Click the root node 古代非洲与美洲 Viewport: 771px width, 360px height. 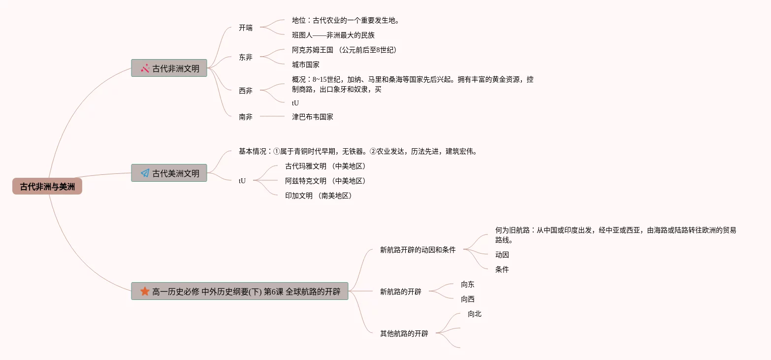click(47, 187)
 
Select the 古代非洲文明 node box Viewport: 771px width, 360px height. click(169, 68)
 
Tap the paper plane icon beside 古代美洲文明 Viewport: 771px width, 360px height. click(145, 173)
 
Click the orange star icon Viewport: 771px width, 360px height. click(145, 291)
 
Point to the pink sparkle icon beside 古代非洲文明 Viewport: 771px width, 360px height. click(145, 68)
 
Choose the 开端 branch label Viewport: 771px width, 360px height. click(246, 28)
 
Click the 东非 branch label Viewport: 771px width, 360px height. click(246, 57)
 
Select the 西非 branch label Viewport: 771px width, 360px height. click(246, 90)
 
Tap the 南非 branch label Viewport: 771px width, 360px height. click(246, 117)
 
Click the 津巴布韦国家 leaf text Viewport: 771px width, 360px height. click(313, 117)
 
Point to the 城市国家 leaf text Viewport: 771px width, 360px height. click(306, 65)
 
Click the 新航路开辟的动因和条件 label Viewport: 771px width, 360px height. click(418, 250)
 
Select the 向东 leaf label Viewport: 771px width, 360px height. click(468, 284)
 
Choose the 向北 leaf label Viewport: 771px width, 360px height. click(475, 314)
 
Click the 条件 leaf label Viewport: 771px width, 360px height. click(502, 269)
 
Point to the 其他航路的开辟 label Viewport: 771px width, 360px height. click(404, 333)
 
